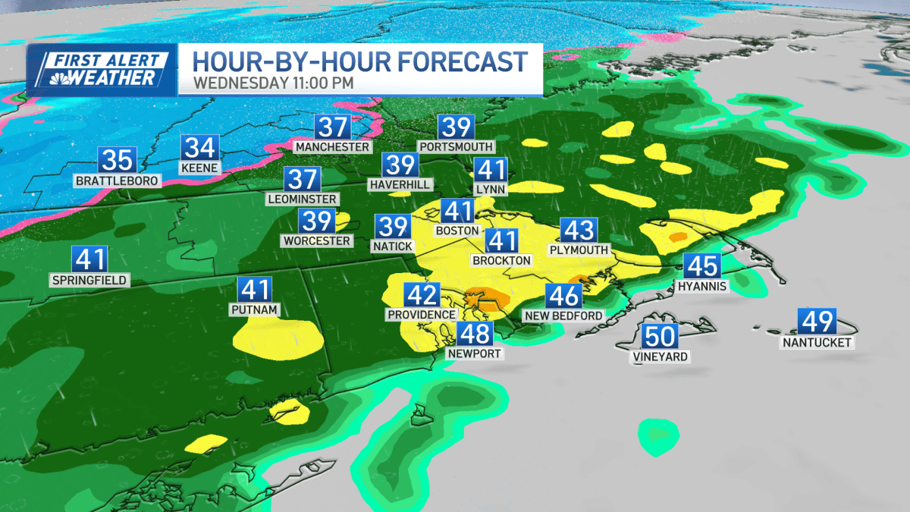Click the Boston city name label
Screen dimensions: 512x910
[457, 231]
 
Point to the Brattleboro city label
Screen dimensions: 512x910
[118, 181]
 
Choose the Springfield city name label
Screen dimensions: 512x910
[89, 280]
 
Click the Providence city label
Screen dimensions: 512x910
[422, 315]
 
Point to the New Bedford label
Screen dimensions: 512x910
[563, 316]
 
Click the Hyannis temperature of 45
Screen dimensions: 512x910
[702, 267]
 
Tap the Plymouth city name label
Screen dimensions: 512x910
[579, 250]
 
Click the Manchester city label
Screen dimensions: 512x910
[332, 146]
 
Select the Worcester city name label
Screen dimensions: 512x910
[317, 241]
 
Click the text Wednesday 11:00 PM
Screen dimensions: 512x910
[274, 83]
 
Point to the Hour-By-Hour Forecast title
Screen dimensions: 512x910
[359, 60]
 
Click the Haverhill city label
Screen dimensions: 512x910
[400, 184]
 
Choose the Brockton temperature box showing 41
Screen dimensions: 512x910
[501, 241]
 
